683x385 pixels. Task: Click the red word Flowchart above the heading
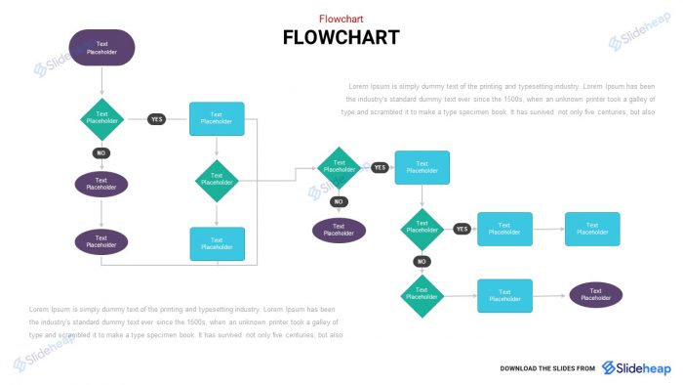pos(341,19)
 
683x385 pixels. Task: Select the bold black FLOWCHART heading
pos(341,38)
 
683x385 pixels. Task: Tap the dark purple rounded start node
pos(101,48)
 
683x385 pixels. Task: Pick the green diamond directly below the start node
pos(101,118)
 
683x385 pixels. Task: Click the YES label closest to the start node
pos(156,119)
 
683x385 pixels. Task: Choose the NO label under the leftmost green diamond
pos(101,152)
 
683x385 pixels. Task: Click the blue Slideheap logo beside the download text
pos(635,367)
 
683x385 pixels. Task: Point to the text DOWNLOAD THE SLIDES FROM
pos(547,368)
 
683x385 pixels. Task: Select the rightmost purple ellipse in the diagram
pos(595,294)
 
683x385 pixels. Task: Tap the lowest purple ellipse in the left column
pos(101,241)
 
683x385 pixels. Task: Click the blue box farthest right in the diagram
pos(592,229)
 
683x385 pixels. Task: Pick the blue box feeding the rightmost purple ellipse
pos(504,295)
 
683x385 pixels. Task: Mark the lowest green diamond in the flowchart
pos(422,295)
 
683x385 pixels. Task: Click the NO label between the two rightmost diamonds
pos(422,261)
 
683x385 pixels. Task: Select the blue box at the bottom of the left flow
pos(217,243)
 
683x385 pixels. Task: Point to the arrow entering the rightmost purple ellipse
pos(551,295)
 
